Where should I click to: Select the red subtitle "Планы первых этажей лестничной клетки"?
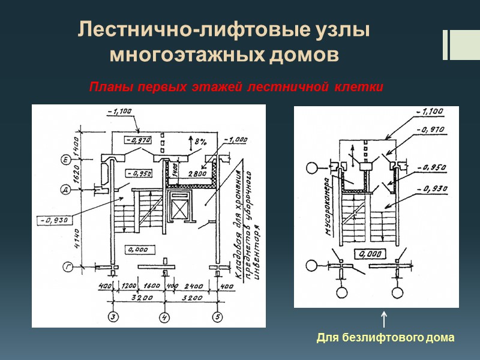(236, 88)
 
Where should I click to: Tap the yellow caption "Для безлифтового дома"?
(386, 338)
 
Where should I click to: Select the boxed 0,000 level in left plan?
(139, 248)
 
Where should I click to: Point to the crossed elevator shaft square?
(181, 210)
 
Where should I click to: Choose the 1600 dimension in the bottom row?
(152, 287)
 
